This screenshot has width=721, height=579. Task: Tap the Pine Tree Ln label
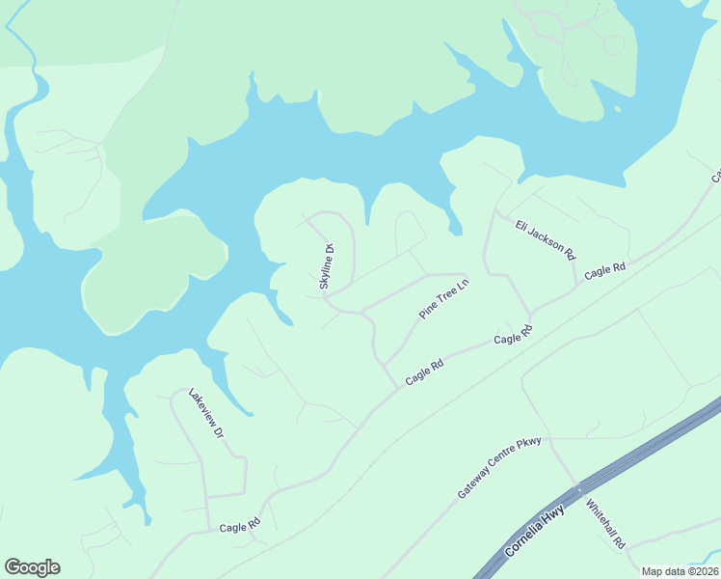tap(442, 300)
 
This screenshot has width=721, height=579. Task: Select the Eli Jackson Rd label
tap(546, 238)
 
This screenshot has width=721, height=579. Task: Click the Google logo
tap(32, 567)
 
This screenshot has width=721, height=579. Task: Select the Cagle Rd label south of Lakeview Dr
tap(240, 527)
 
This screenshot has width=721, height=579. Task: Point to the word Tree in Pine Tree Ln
tap(442, 300)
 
